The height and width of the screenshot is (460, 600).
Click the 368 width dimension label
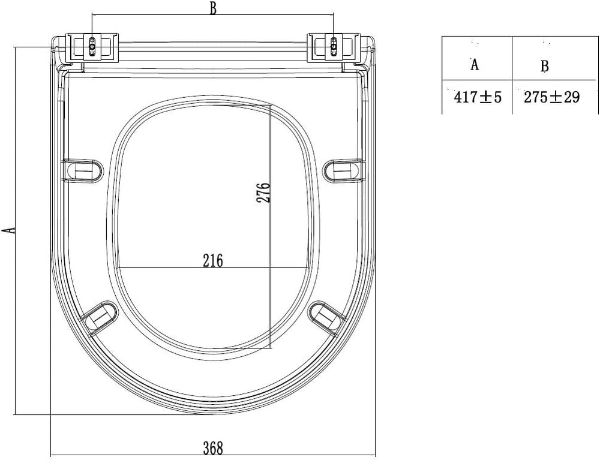pyautogui.click(x=213, y=448)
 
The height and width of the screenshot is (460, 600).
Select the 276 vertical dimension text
pyautogui.click(x=263, y=193)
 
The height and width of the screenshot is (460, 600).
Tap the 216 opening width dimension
pyautogui.click(x=213, y=260)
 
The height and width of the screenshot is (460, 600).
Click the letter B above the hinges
pyautogui.click(x=213, y=8)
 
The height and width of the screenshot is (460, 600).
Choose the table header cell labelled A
pyautogui.click(x=477, y=58)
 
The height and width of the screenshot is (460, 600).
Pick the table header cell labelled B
pyautogui.click(x=555, y=58)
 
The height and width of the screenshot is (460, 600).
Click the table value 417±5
pyautogui.click(x=477, y=97)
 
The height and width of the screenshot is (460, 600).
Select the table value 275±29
pyautogui.click(x=551, y=97)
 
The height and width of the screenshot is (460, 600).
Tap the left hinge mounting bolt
pyautogui.click(x=92, y=47)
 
